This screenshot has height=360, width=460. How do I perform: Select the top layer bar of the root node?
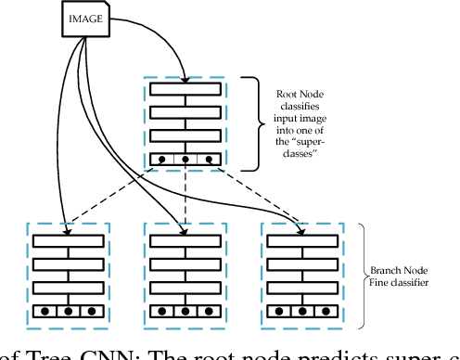pyautogui.click(x=185, y=89)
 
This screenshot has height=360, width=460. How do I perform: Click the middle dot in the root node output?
pyautogui.click(x=185, y=159)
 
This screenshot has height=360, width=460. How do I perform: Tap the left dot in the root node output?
pyautogui.click(x=161, y=159)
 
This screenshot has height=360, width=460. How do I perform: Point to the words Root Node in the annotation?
pyautogui.click(x=299, y=93)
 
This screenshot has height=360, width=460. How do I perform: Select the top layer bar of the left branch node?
pyautogui.click(x=69, y=241)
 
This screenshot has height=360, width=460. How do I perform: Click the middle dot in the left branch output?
pyautogui.click(x=69, y=311)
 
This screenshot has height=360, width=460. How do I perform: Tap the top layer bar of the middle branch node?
pyautogui.click(x=185, y=241)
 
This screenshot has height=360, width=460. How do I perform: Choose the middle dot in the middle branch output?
pyautogui.click(x=185, y=311)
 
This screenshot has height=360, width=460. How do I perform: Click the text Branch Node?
pyautogui.click(x=398, y=270)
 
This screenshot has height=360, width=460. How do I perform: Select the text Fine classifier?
pyautogui.click(x=398, y=283)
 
